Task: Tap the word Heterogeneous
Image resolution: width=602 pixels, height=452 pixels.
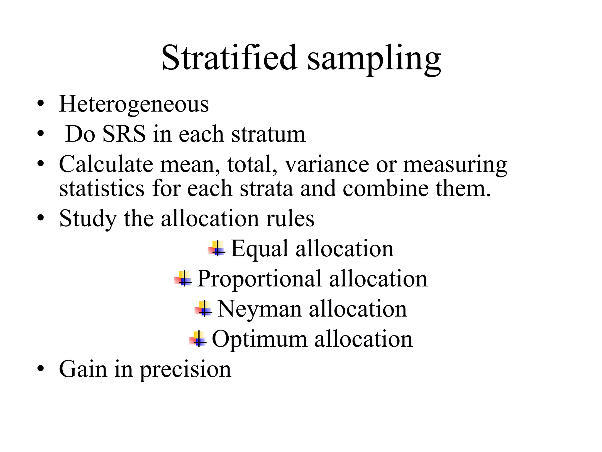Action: [134, 104]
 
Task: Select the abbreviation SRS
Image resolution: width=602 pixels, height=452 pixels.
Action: [124, 134]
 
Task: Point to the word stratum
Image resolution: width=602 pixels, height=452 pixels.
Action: [268, 134]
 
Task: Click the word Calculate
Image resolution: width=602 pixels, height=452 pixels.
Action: [106, 164]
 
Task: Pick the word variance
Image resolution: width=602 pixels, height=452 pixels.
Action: [327, 164]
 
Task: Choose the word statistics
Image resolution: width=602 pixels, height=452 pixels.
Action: [102, 188]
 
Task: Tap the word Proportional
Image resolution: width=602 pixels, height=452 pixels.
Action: [259, 279]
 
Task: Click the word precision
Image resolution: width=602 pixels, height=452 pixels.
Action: [185, 370]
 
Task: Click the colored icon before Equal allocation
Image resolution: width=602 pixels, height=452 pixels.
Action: [217, 249]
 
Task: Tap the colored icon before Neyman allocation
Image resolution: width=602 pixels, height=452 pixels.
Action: [203, 309]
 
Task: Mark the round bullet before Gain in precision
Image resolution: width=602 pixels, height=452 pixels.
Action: [41, 369]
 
